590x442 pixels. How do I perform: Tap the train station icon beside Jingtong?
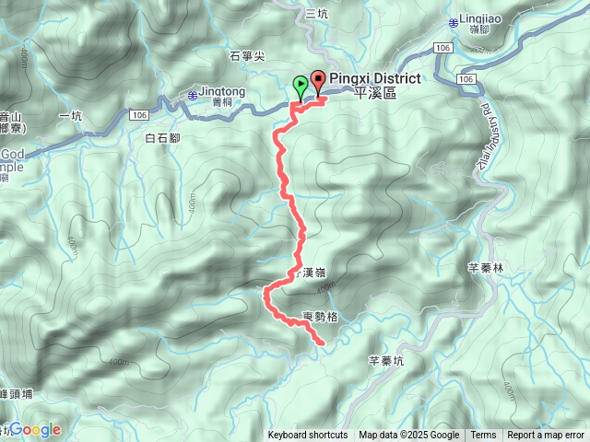pos(191,94)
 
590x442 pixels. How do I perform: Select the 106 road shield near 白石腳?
pos(138,113)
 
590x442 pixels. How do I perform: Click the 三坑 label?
pos(316,13)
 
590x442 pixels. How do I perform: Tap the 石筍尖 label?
pos(247,56)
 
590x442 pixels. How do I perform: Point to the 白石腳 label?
pos(162,138)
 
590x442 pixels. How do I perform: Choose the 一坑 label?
pos(70,115)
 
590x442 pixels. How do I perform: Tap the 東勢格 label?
pos(321,317)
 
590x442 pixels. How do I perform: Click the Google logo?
pos(35,429)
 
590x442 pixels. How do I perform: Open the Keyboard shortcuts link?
pos(308,436)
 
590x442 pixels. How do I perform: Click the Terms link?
pos(483,436)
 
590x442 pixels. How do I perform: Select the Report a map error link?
pos(548,436)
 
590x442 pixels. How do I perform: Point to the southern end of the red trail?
pos(322,343)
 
